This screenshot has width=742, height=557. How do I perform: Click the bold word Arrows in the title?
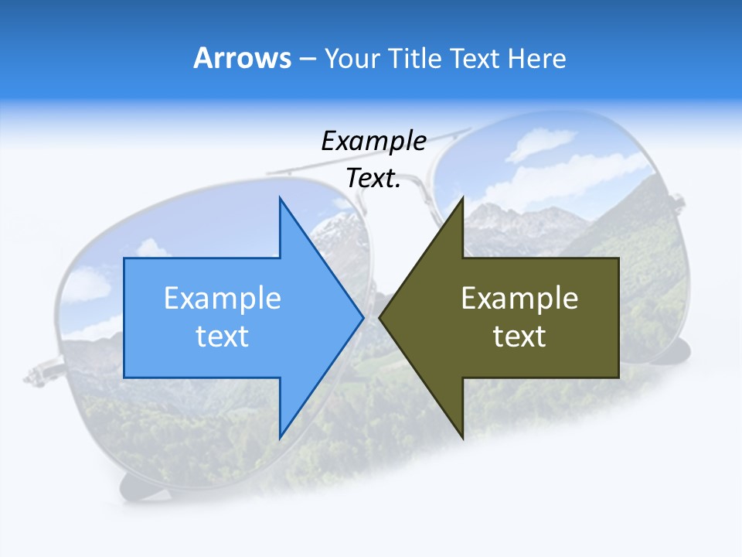tap(242, 58)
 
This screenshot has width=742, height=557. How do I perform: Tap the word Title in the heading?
tap(420, 59)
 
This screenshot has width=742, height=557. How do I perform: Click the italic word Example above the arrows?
tap(373, 142)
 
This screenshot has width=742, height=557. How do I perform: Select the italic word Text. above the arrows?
tap(373, 178)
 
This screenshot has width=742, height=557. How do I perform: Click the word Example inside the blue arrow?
tap(223, 299)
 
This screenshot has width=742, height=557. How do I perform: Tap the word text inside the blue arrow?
tap(223, 337)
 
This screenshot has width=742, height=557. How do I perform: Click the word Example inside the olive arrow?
tap(519, 299)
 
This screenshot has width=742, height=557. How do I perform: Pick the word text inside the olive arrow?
tap(519, 337)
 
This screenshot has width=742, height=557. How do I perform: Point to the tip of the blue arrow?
tap(362, 317)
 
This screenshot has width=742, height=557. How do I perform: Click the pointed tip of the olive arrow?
tap(380, 317)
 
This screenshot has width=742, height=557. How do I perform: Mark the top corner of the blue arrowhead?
tap(280, 198)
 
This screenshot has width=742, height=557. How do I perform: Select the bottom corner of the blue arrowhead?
tap(280, 438)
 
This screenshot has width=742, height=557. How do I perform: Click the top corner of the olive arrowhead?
tap(462, 198)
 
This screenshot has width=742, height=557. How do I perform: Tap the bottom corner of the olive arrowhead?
tap(462, 438)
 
